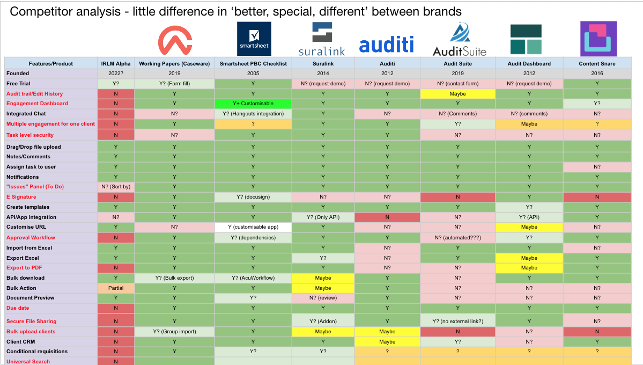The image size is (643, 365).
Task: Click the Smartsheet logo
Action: tap(254, 39)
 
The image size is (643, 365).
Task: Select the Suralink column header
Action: tap(323, 63)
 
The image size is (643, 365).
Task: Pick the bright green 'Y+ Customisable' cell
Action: tap(253, 104)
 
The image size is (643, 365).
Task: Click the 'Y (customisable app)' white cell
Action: tap(253, 227)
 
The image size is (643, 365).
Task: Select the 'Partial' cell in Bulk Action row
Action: tap(116, 288)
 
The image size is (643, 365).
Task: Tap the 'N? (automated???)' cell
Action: tap(458, 238)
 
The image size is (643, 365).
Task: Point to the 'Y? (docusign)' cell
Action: tap(253, 197)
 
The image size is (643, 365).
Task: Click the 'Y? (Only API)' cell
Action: tap(323, 217)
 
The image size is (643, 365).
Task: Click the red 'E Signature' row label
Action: tap(21, 197)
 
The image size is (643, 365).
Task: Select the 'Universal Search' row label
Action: tap(28, 362)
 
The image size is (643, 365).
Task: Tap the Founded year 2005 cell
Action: tap(253, 74)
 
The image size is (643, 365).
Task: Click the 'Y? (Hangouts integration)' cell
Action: tap(253, 114)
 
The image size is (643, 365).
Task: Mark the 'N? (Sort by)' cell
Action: tap(116, 187)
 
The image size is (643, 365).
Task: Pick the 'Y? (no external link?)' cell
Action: tap(458, 322)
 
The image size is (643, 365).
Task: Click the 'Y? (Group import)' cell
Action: tap(174, 332)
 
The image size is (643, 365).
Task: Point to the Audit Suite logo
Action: tap(459, 40)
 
